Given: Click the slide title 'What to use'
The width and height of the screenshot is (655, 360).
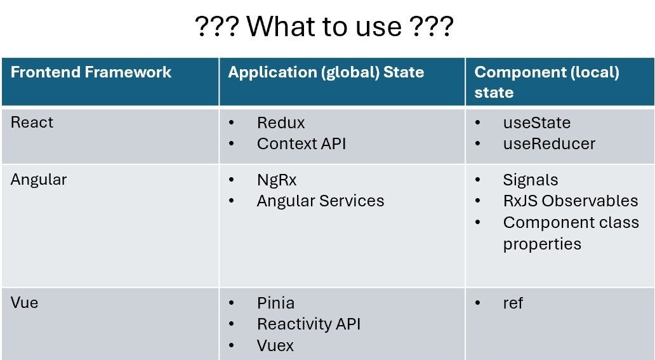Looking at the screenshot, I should click(x=324, y=27).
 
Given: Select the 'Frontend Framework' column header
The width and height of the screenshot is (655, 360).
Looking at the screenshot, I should click(x=91, y=72).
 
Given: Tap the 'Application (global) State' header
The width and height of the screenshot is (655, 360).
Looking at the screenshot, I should click(x=326, y=72).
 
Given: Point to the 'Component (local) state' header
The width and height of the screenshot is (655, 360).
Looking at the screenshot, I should click(x=546, y=82).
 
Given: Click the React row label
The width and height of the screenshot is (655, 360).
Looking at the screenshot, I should click(x=32, y=123).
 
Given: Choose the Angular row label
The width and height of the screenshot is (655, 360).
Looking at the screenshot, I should click(x=38, y=180).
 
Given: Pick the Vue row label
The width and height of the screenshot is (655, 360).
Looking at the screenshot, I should click(x=24, y=303).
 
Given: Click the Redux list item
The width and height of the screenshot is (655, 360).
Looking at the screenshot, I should click(x=281, y=123).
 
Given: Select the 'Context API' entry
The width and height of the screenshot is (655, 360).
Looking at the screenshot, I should click(x=301, y=143).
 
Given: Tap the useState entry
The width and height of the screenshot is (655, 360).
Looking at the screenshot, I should click(x=536, y=123).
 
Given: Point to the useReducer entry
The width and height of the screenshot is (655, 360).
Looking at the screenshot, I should click(x=549, y=143).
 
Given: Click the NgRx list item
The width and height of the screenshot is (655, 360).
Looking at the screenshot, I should click(x=277, y=180).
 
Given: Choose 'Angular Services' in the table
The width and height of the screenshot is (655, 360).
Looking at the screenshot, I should click(x=320, y=201).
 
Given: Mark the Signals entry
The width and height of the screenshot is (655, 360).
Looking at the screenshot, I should click(x=531, y=180).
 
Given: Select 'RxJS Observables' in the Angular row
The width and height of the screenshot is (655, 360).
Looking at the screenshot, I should click(x=570, y=201).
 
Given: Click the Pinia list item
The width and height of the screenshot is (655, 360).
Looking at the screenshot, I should click(x=275, y=303).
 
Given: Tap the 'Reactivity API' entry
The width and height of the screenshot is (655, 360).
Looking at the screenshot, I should click(x=308, y=324).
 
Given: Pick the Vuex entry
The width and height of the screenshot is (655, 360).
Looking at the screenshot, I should click(x=275, y=345).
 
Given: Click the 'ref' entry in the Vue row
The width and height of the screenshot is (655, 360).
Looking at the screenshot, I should click(x=513, y=303).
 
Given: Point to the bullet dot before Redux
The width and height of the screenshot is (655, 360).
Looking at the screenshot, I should click(x=232, y=123).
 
